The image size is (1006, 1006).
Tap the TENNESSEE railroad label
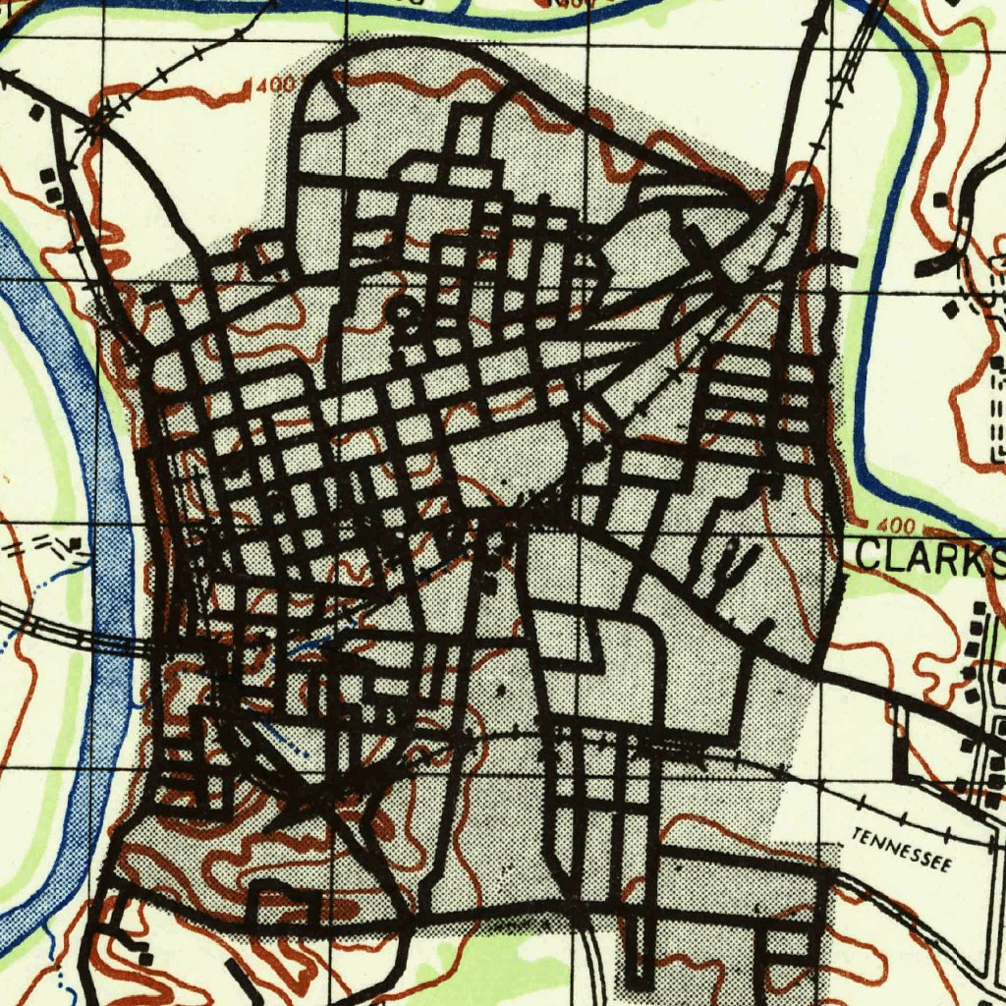(x=902, y=851)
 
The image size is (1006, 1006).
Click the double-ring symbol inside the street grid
(x=402, y=313)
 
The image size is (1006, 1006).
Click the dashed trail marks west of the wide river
(x=39, y=546)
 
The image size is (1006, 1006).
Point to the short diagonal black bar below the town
(x=241, y=978)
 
